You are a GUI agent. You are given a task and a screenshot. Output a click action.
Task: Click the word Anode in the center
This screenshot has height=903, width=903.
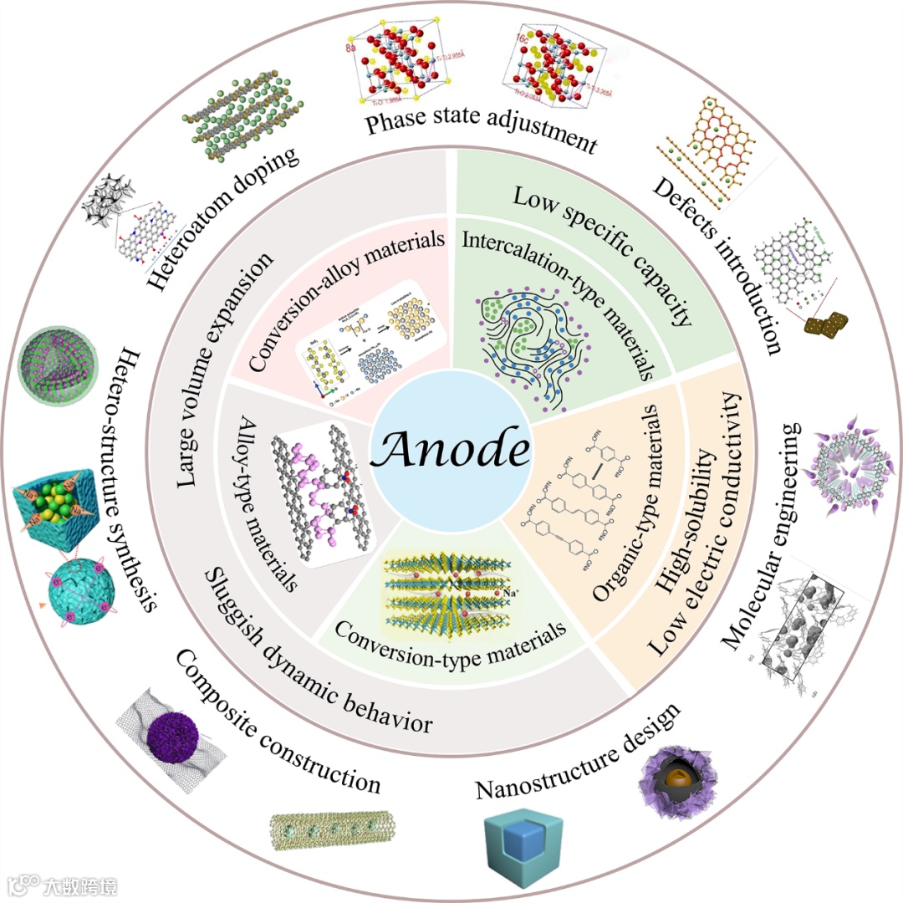pyautogui.click(x=451, y=451)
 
